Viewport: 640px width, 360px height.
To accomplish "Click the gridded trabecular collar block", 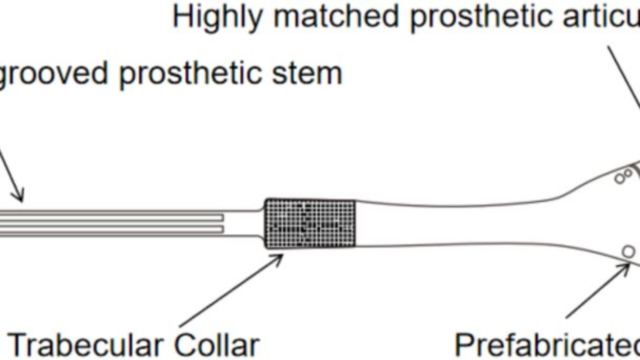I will [x=310, y=223].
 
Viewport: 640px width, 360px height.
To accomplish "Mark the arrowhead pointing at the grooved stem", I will [x=18, y=196].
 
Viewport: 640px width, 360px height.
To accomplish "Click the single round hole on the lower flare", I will [x=628, y=252].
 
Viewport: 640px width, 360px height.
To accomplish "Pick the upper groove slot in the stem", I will [x=112, y=217].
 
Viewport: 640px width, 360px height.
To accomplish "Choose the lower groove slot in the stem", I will [x=112, y=229].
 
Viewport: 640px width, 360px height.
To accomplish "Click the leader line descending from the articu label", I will [x=624, y=76].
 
